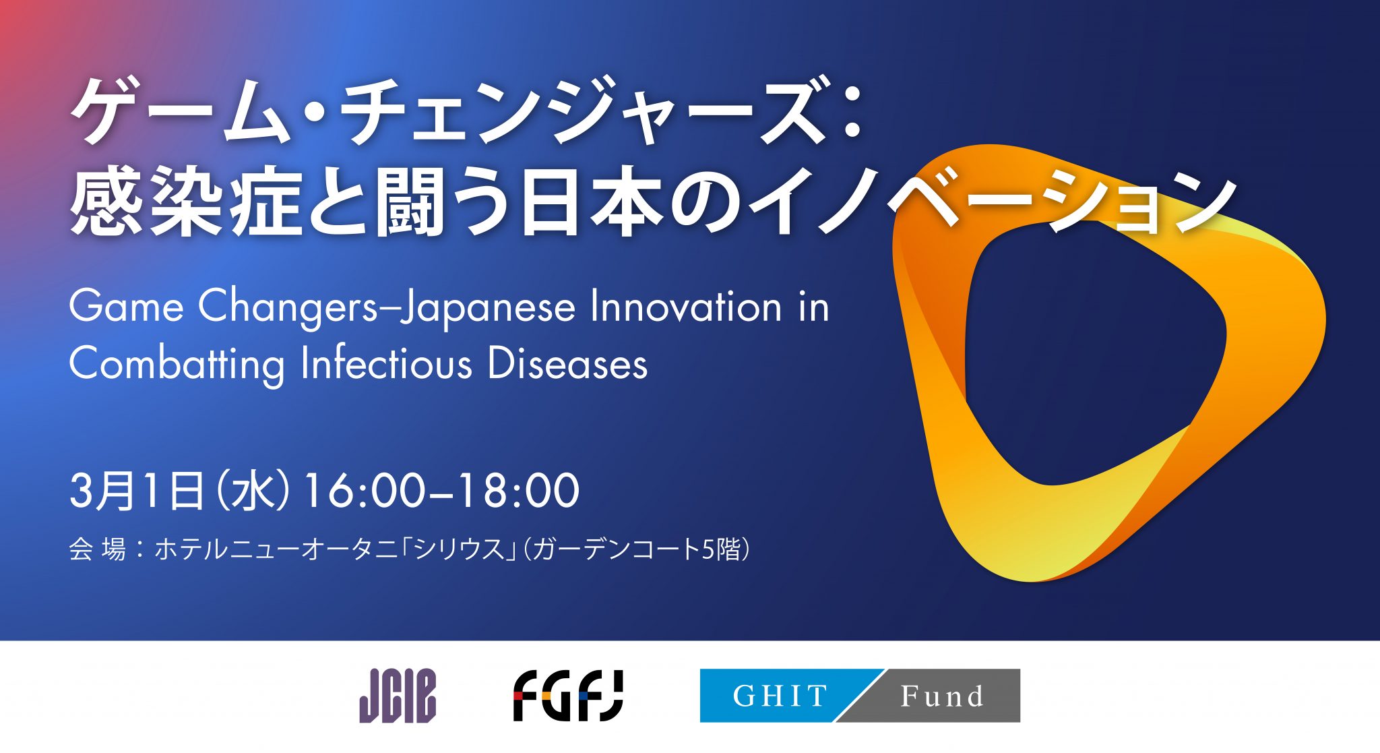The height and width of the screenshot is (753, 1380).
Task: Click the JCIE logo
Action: click(x=398, y=696)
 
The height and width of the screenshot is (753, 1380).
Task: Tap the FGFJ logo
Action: click(x=568, y=696)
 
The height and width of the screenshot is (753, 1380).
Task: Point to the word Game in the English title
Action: click(x=126, y=307)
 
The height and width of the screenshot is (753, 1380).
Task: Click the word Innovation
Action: click(x=685, y=307)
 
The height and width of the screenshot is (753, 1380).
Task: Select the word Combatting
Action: click(x=177, y=365)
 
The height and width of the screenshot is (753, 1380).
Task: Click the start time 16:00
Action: click(x=365, y=491)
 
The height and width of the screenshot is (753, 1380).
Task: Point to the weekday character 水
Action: click(x=254, y=491)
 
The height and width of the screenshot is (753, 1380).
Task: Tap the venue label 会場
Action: click(x=97, y=549)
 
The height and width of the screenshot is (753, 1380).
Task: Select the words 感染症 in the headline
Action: click(x=185, y=202)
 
